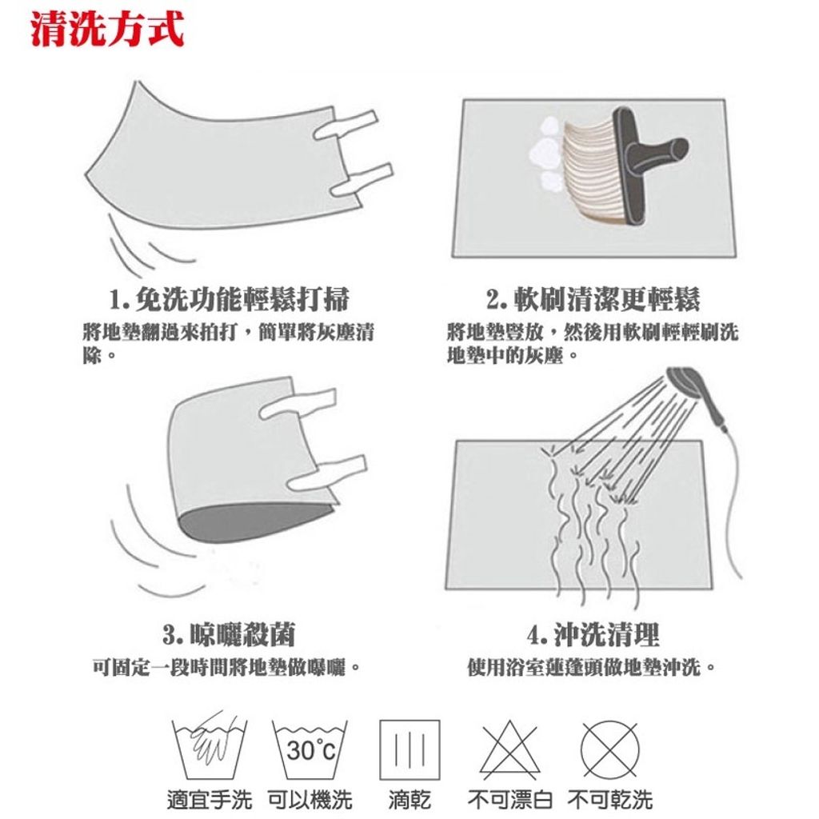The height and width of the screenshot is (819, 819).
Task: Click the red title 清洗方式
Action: pyautogui.click(x=108, y=28)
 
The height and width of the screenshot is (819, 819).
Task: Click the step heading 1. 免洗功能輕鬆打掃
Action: pyautogui.click(x=229, y=299)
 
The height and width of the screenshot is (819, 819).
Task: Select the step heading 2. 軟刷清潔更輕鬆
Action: pyautogui.click(x=593, y=299)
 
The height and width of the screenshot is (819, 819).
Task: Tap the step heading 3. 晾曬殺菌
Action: pyautogui.click(x=229, y=634)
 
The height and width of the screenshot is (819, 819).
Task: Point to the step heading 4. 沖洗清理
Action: pyautogui.click(x=593, y=634)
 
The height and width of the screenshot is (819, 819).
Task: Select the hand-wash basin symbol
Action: pyautogui.click(x=209, y=746)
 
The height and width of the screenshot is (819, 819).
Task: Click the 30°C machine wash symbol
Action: pyautogui.click(x=310, y=750)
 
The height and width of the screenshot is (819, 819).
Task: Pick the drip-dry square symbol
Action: pyautogui.click(x=409, y=750)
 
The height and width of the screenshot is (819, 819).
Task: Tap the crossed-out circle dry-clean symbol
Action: pyautogui.click(x=609, y=749)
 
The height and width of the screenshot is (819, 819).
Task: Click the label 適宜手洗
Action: pyautogui.click(x=209, y=800)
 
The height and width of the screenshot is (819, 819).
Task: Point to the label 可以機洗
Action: pyautogui.click(x=310, y=800)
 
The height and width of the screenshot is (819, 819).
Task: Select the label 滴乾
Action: pyautogui.click(x=409, y=800)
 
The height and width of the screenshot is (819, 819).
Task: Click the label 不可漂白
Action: pyautogui.click(x=509, y=800)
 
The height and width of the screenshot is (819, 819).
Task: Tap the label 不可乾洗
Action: pyautogui.click(x=610, y=800)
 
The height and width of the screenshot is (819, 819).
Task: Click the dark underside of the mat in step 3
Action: pyautogui.click(x=250, y=522)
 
